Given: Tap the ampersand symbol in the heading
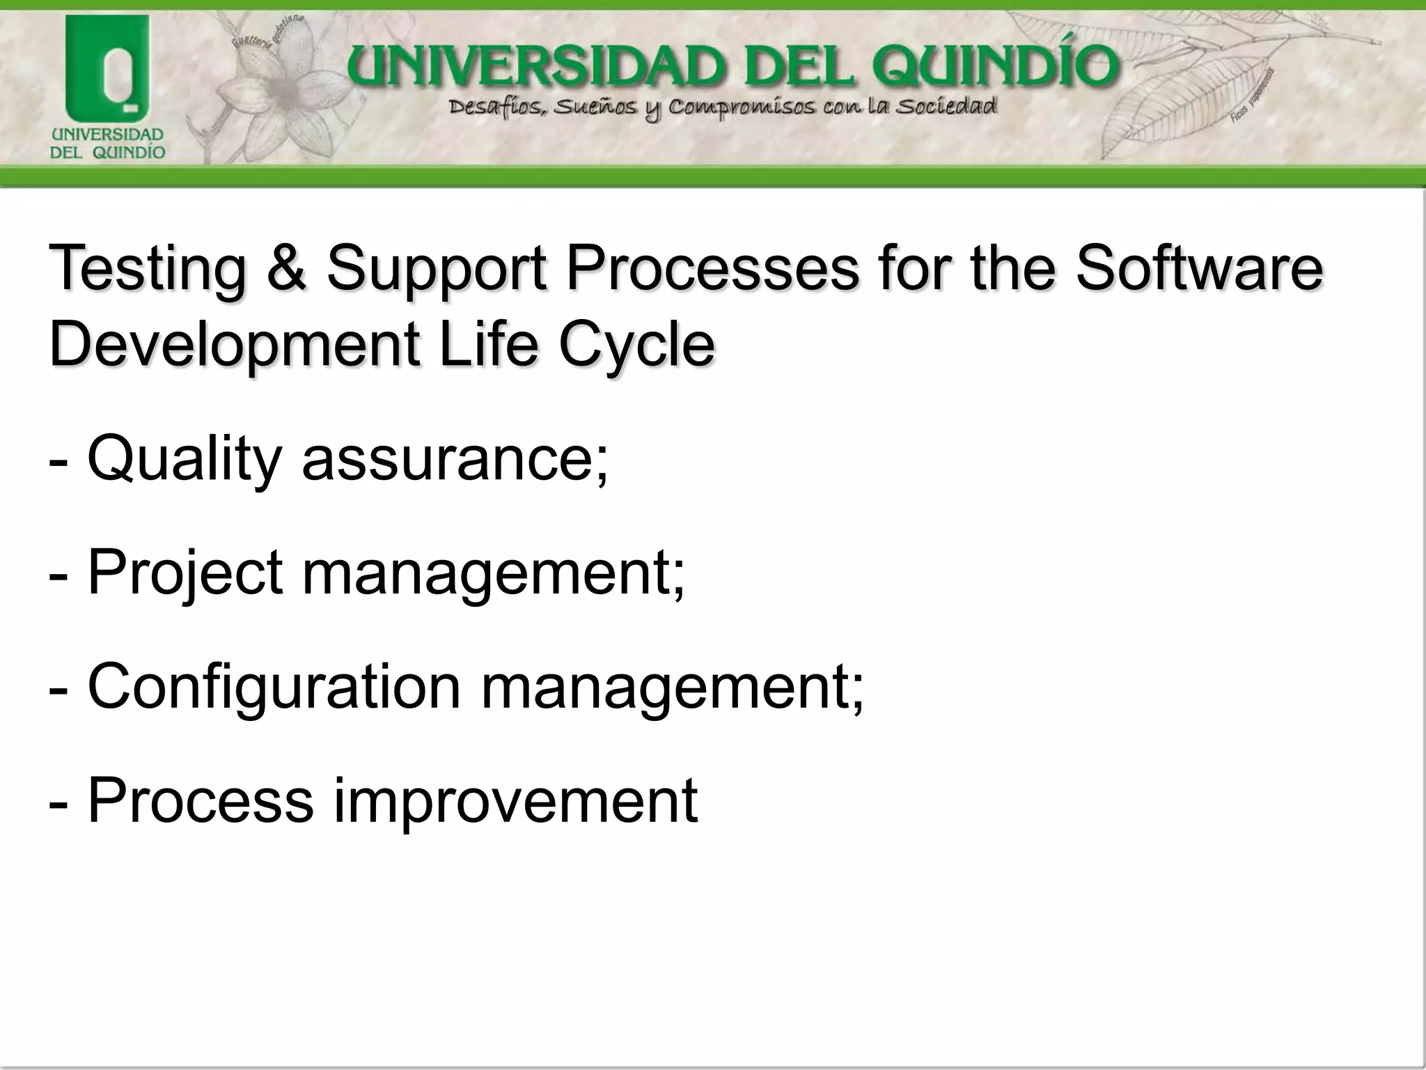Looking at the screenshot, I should pyautogui.click(x=286, y=269).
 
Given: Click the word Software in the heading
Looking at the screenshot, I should pyautogui.click(x=1198, y=269).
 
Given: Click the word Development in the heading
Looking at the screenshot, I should pyautogui.click(x=235, y=346).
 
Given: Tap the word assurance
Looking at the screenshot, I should pyautogui.click(x=455, y=460).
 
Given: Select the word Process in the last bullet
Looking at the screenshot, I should pyautogui.click(x=201, y=801).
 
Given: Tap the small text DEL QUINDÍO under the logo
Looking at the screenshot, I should pyautogui.click(x=107, y=153).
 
